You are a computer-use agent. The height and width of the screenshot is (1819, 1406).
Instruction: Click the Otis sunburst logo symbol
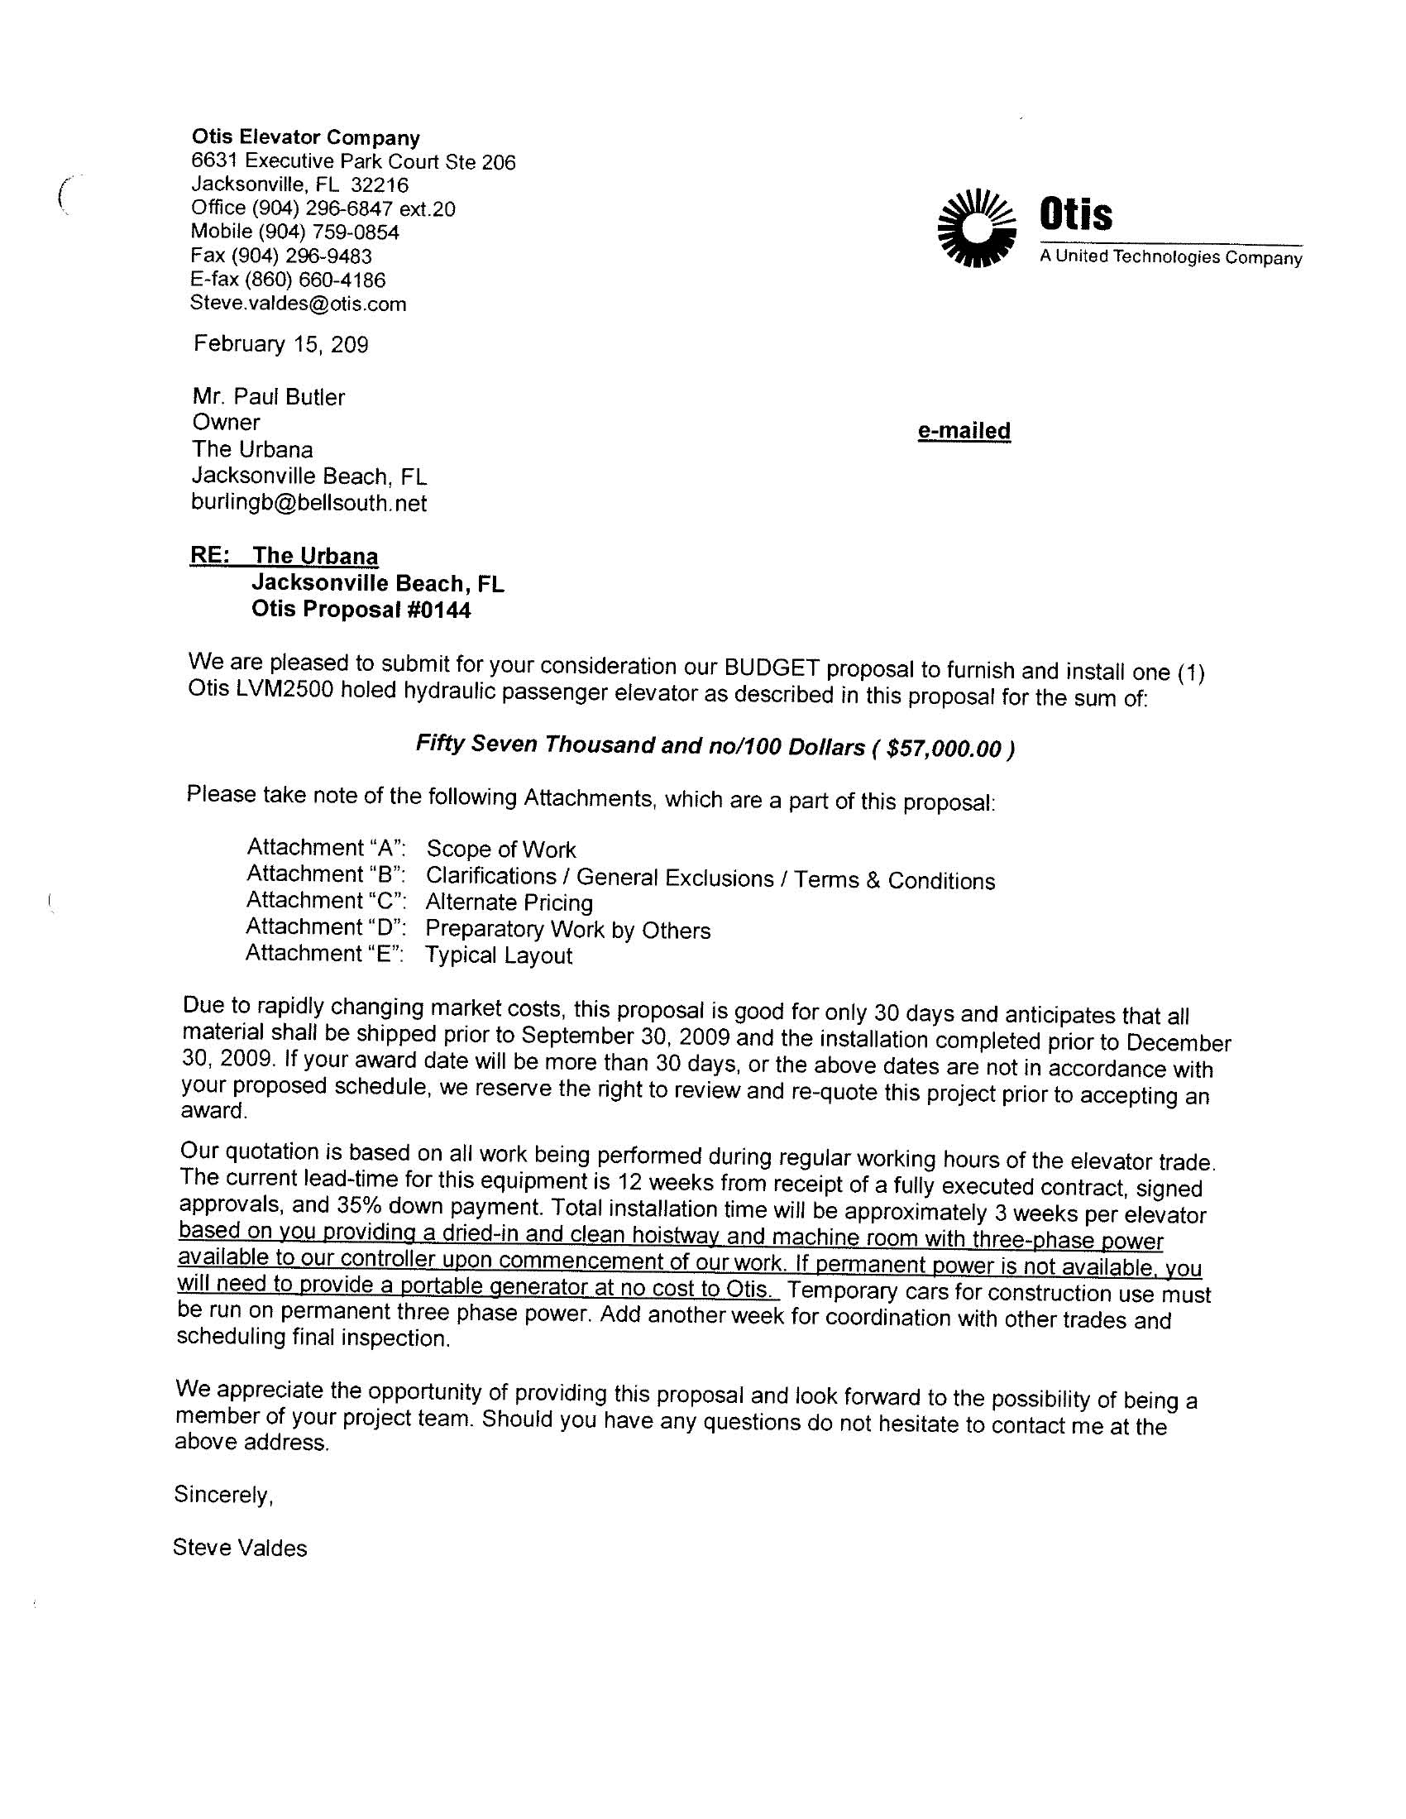pos(976,228)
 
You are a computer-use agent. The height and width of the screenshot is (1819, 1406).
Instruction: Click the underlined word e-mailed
pos(964,431)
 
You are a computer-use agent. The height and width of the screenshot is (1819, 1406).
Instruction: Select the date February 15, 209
pos(280,344)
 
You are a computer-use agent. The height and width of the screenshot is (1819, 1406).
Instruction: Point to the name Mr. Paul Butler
pos(268,396)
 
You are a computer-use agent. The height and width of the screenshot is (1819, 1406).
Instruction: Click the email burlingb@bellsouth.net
pos(309,503)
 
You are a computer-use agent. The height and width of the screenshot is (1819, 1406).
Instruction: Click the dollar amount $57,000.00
pos(944,749)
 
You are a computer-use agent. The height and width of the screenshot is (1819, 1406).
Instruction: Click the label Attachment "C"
pos(326,900)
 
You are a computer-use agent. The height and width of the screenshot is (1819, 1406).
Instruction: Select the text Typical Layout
pos(499,955)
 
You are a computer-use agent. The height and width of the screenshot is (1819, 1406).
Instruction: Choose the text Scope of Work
pos(500,850)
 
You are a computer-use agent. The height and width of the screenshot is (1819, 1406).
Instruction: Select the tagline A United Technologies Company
pos(1170,257)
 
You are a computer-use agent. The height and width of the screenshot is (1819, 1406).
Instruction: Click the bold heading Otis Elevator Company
pos(306,137)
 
